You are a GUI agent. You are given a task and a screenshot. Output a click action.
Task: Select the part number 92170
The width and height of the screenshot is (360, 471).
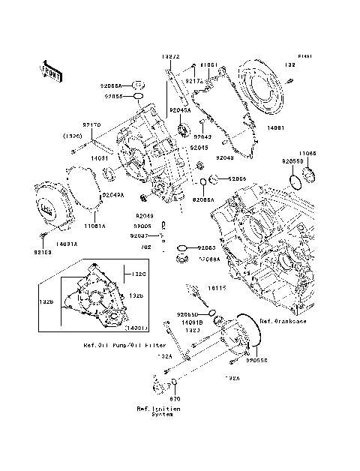(91, 126)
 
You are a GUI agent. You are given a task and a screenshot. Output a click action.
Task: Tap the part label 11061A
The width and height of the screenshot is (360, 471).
(94, 225)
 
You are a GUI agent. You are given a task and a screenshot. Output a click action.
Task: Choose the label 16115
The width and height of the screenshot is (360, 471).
(216, 287)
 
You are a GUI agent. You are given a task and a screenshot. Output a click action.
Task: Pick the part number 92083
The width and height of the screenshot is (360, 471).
(207, 247)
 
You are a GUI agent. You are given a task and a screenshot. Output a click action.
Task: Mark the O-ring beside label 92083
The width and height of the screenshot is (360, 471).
(182, 247)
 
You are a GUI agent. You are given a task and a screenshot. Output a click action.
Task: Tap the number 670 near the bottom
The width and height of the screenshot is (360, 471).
(175, 400)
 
